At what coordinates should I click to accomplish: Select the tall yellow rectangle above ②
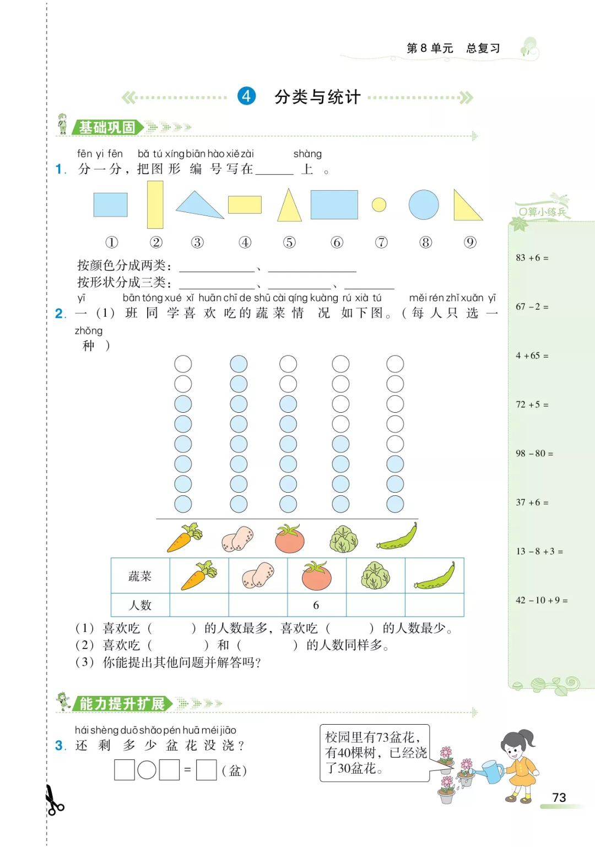click(x=155, y=204)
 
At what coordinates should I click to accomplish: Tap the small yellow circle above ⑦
click(x=379, y=205)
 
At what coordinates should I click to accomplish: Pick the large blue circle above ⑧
click(x=424, y=205)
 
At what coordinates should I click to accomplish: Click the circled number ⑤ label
click(x=289, y=242)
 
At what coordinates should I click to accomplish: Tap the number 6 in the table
click(x=316, y=605)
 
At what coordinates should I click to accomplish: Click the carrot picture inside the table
click(x=199, y=575)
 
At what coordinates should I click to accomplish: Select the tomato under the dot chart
click(x=290, y=538)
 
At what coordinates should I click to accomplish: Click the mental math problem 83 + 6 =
click(x=532, y=258)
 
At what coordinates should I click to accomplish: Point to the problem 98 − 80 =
click(x=534, y=454)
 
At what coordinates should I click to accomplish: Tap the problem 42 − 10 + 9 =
click(x=542, y=600)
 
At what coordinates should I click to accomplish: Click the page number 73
click(x=559, y=797)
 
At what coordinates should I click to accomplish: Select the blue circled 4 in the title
click(x=246, y=96)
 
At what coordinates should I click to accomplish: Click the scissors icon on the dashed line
click(x=53, y=801)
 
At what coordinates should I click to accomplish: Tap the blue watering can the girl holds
click(x=492, y=772)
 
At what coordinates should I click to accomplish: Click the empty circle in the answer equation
click(x=147, y=770)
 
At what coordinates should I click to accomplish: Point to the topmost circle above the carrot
click(x=183, y=364)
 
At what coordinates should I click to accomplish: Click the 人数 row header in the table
click(x=140, y=605)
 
